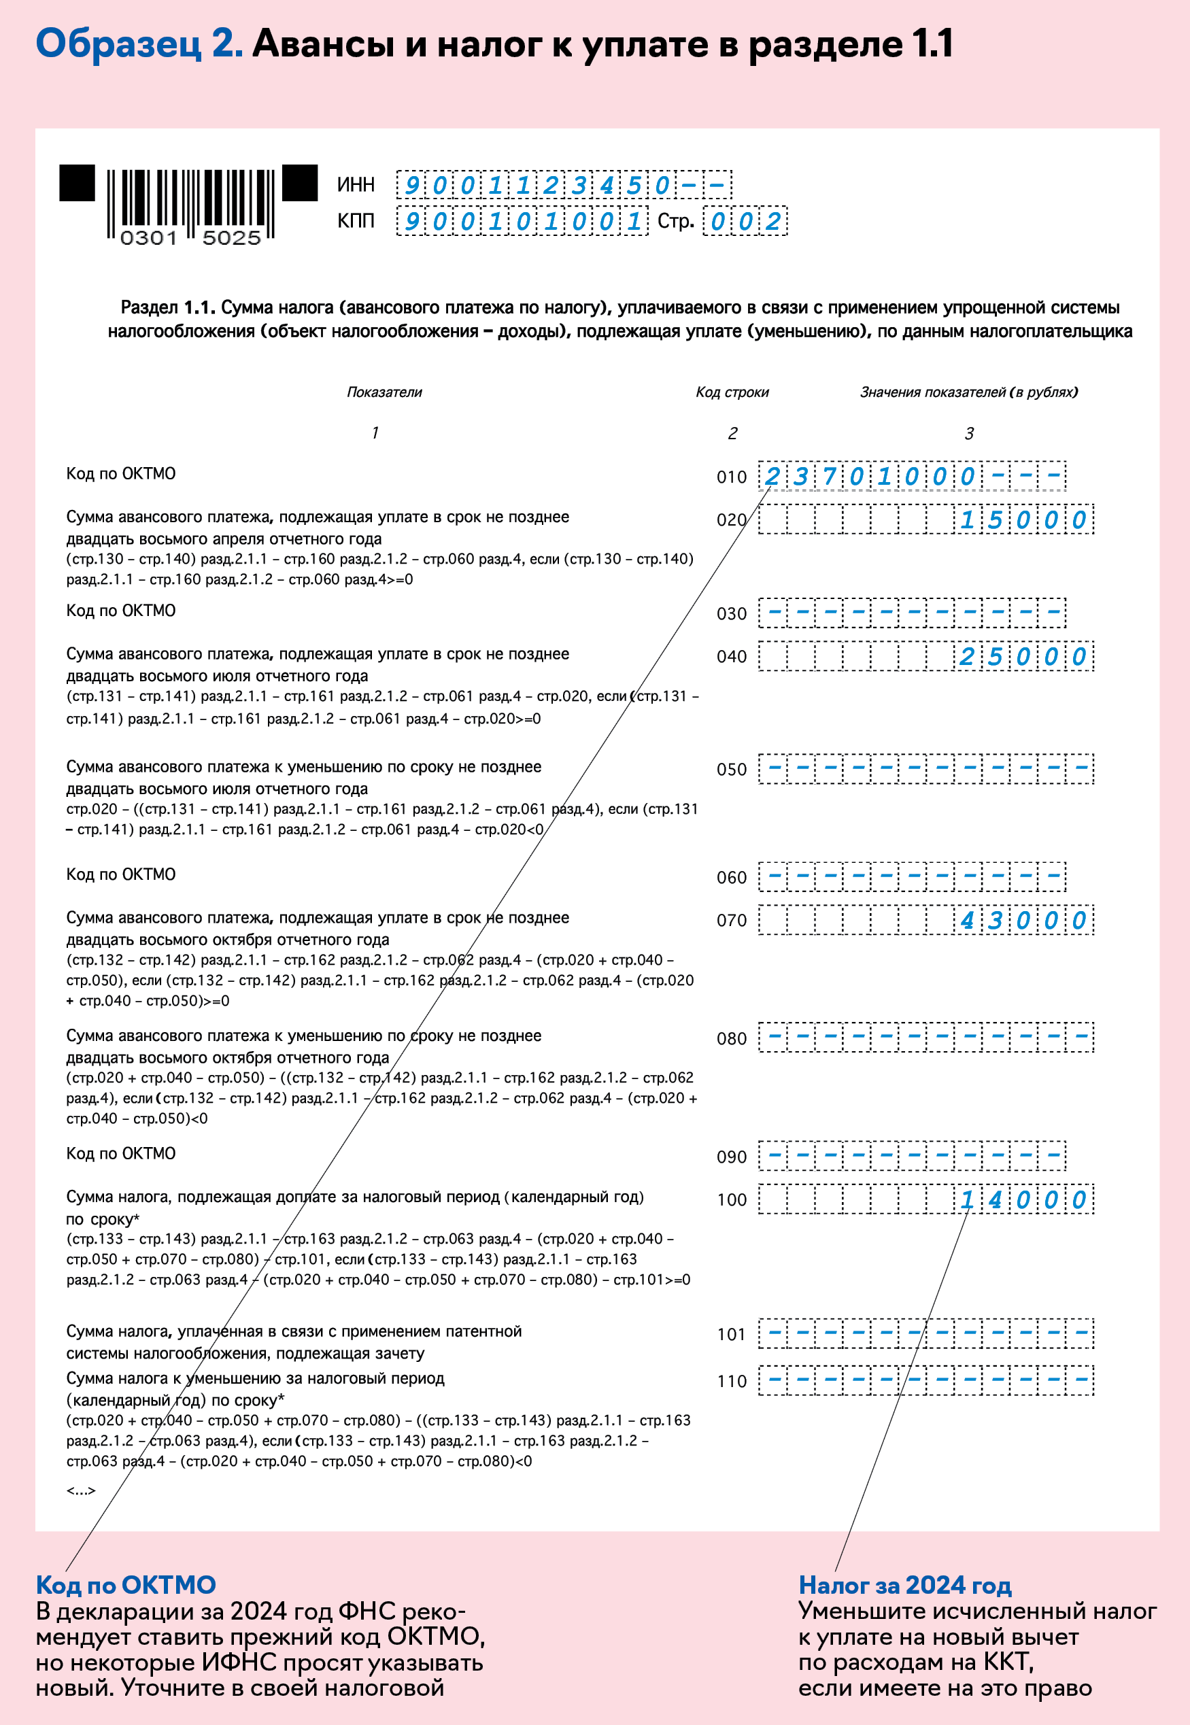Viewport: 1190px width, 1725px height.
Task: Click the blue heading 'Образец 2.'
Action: point(139,44)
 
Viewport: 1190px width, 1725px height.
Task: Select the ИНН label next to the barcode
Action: point(356,185)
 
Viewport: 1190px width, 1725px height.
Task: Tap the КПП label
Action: point(356,222)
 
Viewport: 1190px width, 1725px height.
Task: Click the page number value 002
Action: point(745,222)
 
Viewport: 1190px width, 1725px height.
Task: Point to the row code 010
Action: point(732,477)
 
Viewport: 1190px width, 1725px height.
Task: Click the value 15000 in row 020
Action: point(1022,520)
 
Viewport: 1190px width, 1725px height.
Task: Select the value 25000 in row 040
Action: point(1022,657)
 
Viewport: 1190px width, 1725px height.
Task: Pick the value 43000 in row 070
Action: point(1022,921)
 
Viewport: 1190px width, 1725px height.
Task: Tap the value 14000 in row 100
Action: point(1022,1200)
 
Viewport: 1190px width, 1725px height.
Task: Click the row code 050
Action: point(732,769)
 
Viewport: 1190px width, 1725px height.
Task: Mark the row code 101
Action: point(732,1335)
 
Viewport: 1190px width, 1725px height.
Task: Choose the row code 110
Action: point(732,1382)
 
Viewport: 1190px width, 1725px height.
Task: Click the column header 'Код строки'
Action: point(732,392)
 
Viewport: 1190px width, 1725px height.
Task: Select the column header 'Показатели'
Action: point(384,392)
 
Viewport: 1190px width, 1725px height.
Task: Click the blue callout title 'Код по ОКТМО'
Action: point(126,1585)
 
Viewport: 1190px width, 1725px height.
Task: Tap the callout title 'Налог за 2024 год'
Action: point(905,1585)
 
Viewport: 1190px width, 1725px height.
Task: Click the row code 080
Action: point(732,1038)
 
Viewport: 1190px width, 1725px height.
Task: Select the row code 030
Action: point(732,613)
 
